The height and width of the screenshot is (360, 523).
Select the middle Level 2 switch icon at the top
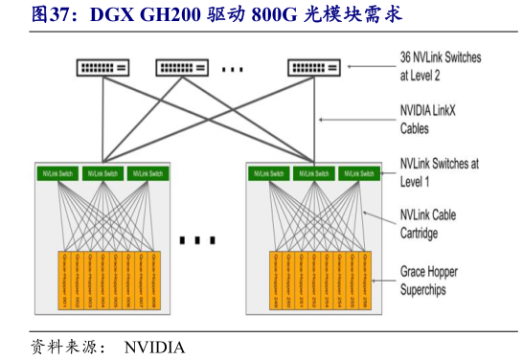point(182,67)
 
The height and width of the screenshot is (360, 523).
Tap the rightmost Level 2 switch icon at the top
point(312,67)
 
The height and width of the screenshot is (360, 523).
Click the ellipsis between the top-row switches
point(234,68)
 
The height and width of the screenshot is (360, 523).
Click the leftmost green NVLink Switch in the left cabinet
point(58,173)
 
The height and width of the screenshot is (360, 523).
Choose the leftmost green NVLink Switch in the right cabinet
point(269,173)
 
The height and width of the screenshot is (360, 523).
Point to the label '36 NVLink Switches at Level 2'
point(440,66)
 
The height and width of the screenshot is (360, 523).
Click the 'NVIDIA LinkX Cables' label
point(428,119)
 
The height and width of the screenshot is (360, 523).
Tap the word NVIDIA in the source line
point(154,347)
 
